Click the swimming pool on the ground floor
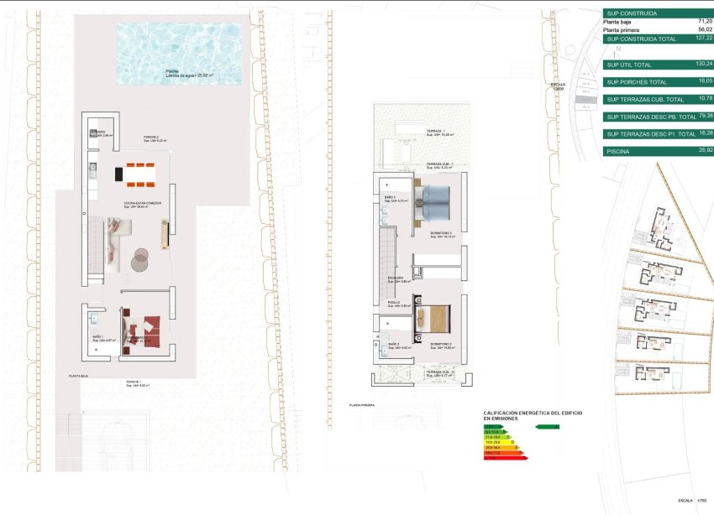point(178,53)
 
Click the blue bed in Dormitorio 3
point(434,201)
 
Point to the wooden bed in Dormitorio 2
point(434,318)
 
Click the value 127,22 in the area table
point(703,39)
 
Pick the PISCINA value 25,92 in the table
point(703,151)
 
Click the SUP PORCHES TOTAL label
point(637,82)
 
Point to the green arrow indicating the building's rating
point(547,427)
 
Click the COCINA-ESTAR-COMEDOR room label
point(144,203)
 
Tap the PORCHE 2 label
point(152,137)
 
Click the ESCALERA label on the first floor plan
point(396,278)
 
